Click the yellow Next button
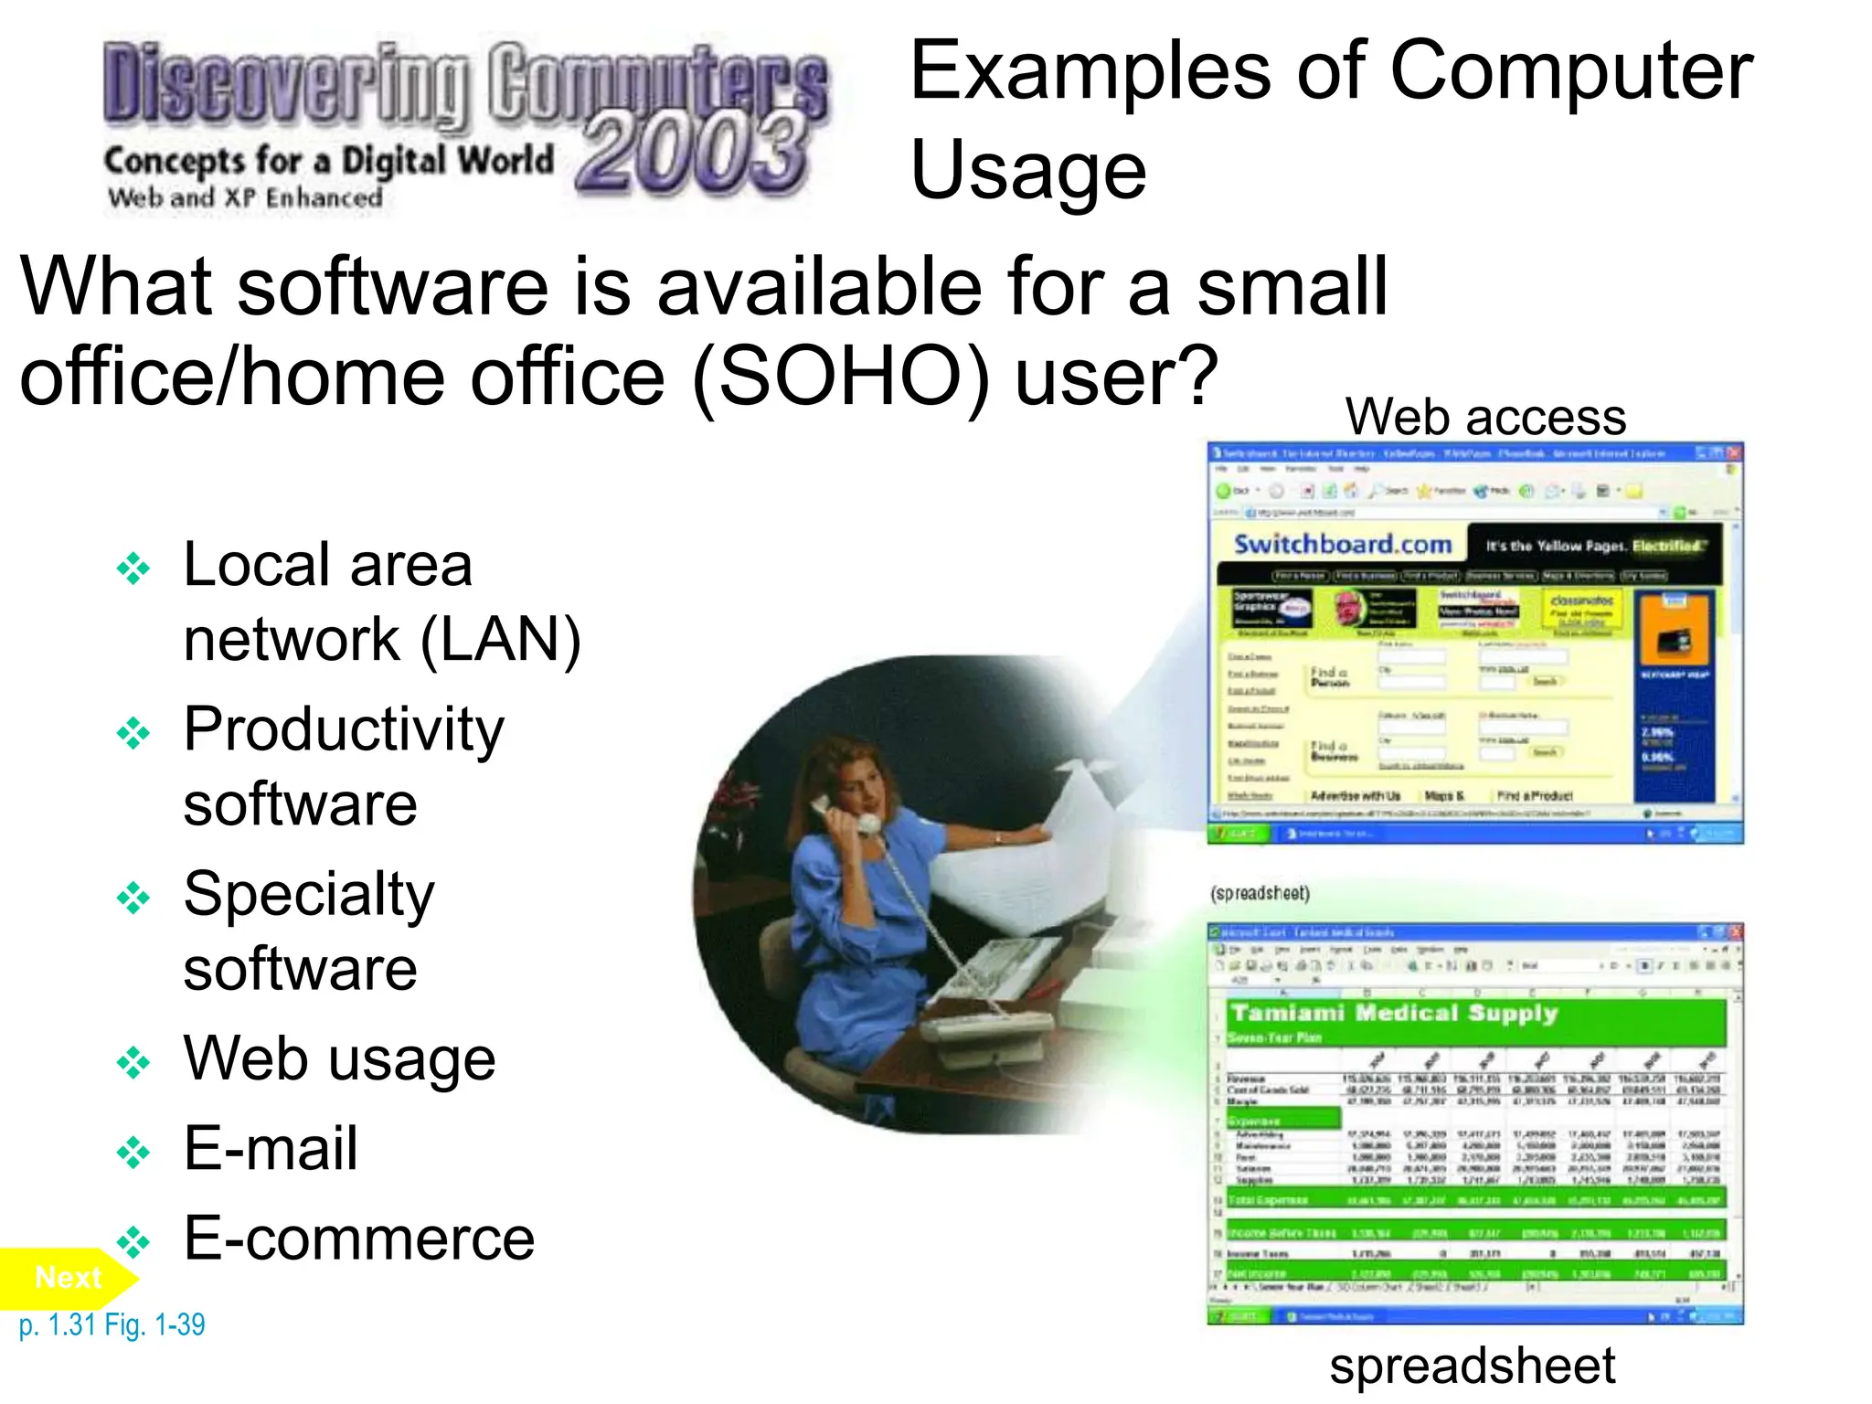(66, 1277)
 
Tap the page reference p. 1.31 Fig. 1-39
(112, 1324)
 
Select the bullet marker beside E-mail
(133, 1152)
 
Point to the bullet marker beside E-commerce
(133, 1241)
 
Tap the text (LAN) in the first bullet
(500, 640)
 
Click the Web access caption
(1485, 417)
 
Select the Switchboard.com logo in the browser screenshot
(1342, 545)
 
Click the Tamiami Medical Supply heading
(1394, 1013)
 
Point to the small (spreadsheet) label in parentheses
(1260, 893)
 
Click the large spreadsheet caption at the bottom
(1472, 1366)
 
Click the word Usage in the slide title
(1028, 171)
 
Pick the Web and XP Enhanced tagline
(245, 197)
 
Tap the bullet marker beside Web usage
(133, 1062)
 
